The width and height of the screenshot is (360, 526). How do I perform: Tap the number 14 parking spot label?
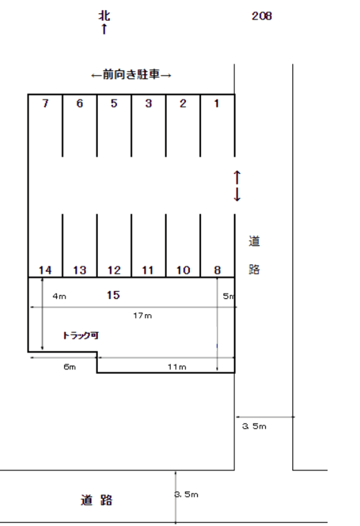45,270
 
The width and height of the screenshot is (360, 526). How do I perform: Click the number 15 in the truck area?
113,295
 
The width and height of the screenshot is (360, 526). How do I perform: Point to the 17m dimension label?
142,316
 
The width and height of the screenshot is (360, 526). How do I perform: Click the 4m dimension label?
59,296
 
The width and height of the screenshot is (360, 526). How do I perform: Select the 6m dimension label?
69,367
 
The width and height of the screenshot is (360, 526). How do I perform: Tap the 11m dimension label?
177,367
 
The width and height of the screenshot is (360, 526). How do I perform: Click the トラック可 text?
81,336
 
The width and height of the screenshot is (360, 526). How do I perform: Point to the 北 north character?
104,15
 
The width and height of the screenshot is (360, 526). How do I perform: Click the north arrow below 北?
104,29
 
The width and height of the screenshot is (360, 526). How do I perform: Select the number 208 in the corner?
262,16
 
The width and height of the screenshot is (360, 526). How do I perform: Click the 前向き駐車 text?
131,74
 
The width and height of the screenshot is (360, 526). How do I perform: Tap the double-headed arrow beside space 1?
237,186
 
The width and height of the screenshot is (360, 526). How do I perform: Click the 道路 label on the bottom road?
96,500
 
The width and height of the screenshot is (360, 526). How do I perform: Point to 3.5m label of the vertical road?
254,426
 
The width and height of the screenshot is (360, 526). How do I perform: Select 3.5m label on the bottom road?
187,494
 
